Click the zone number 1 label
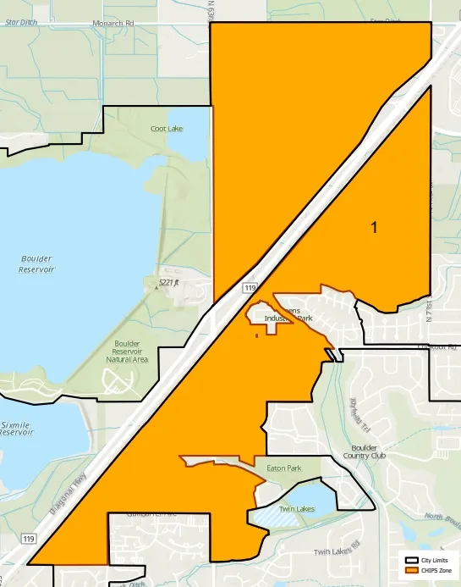point(373,227)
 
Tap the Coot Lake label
point(167,129)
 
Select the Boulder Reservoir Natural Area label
point(127,352)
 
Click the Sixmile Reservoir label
point(17,426)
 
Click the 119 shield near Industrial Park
point(250,289)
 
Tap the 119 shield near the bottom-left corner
point(30,539)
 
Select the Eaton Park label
point(283,468)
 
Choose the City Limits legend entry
point(437,561)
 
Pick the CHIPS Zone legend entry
point(437,570)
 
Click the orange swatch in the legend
point(412,570)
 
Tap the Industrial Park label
point(288,318)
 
